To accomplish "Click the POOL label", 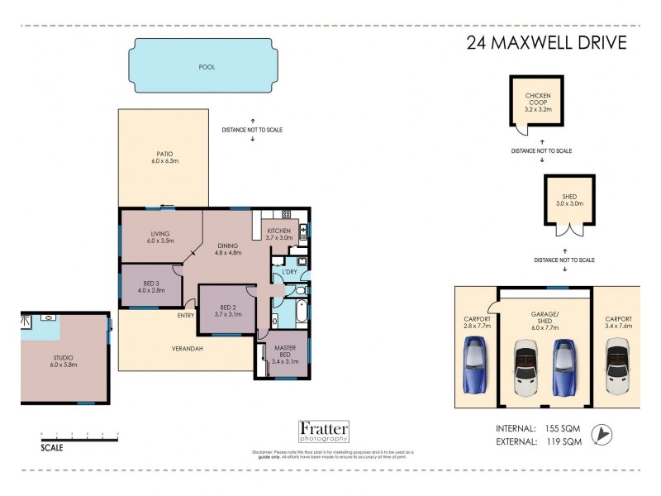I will pos(207,67).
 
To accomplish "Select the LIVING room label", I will pos(161,236).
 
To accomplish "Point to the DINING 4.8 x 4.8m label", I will pos(228,249).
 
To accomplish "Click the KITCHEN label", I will pos(279,232).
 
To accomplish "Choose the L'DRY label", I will pos(289,272).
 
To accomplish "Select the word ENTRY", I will pos(186,315).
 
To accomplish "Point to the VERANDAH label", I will pos(188,348).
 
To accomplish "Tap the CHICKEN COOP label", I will pos(538,101).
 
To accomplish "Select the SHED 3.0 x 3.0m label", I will pos(569,199).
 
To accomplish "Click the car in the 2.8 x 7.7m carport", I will pos(478,365).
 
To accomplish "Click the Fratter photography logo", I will pos(323,432).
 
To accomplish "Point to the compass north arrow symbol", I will pos(607,434).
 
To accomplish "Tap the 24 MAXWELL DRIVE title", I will pos(547,43).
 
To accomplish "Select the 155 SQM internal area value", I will pos(564,428).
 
